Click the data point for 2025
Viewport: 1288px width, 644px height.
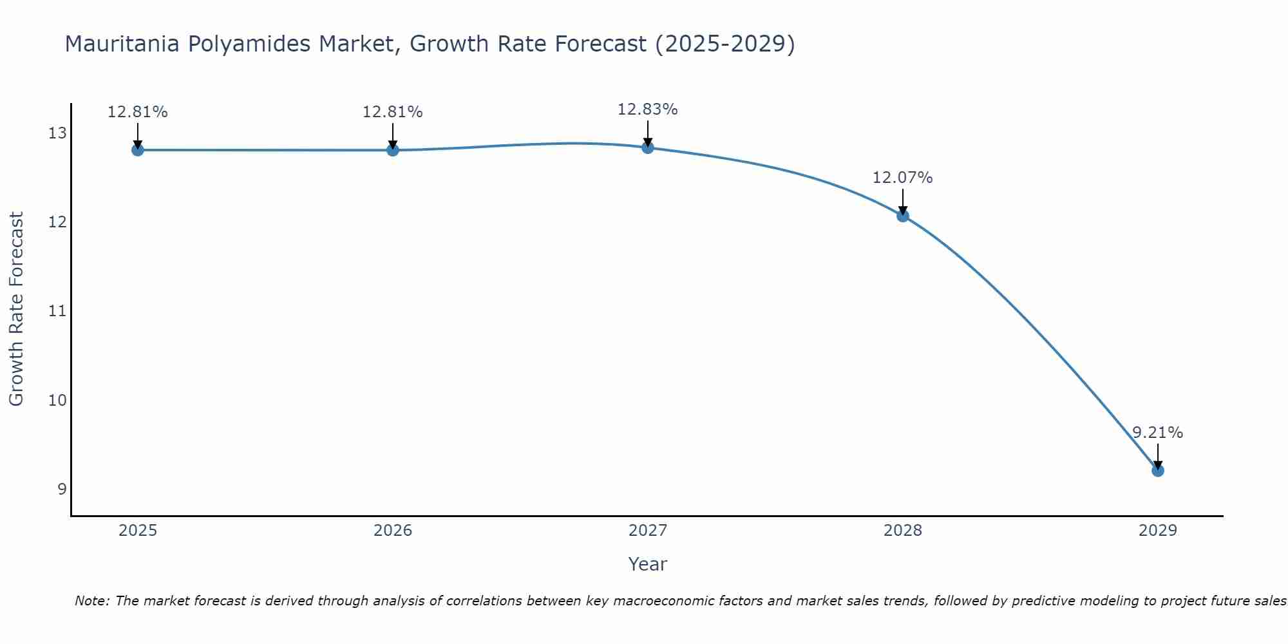coord(137,150)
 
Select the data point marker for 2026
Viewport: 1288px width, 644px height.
coord(393,150)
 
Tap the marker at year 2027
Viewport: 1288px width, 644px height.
coord(648,147)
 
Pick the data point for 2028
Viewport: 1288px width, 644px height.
coord(903,216)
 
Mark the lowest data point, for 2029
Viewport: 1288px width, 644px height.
coord(1158,471)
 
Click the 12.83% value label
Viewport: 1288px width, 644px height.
coord(647,109)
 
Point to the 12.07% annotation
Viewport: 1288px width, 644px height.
coord(902,178)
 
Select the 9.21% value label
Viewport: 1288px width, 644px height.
coord(1157,433)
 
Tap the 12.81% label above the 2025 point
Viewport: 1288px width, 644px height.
coord(137,112)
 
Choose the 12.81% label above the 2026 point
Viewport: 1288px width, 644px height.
coord(392,112)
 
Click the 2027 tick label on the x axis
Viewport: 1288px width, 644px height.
coord(648,531)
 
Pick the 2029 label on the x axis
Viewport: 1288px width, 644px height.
coord(1158,531)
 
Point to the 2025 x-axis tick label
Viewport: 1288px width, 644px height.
coord(138,531)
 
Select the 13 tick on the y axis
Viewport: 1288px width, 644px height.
coord(57,133)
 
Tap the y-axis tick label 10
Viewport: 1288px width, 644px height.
coord(57,400)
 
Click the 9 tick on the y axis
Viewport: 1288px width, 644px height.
coord(62,489)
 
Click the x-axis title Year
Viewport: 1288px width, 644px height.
coord(647,564)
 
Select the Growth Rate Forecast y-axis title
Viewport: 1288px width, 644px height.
coord(16,308)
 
